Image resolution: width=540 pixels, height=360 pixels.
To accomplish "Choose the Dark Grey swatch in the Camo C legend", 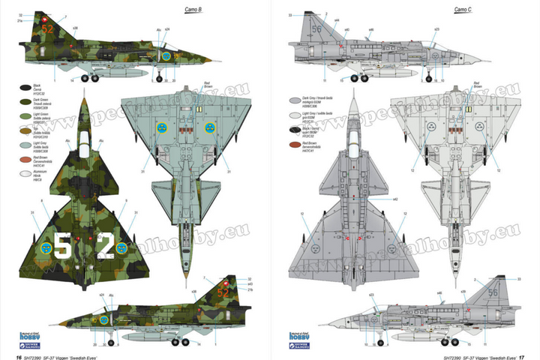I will pyautogui.click(x=295, y=99).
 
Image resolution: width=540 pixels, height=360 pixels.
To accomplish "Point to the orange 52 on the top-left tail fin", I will pyautogui.click(x=48, y=29).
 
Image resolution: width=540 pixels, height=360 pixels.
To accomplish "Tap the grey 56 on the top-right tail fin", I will pyautogui.click(x=316, y=29).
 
